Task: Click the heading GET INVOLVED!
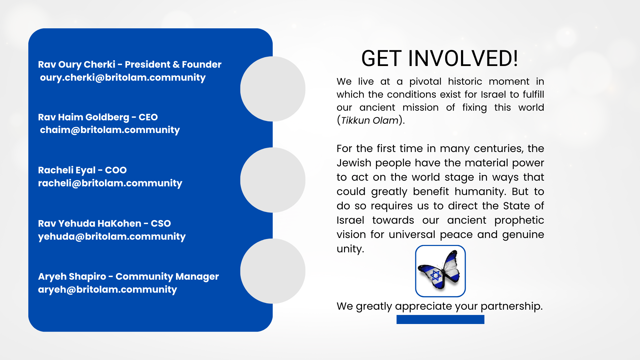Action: [440, 58]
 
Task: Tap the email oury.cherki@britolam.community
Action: [123, 78]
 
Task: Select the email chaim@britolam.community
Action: [110, 130]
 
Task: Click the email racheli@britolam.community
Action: [110, 183]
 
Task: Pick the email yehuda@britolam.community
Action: [112, 237]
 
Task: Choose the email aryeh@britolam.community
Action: [107, 290]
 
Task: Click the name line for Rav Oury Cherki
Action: [130, 64]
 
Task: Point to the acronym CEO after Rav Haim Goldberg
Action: [148, 117]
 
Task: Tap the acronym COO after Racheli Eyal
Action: [116, 170]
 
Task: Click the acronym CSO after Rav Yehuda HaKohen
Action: [161, 224]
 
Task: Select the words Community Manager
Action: [167, 277]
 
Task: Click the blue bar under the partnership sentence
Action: [440, 320]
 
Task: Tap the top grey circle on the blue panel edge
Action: [273, 89]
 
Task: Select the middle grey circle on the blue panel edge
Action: [273, 180]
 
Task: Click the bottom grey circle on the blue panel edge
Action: [273, 271]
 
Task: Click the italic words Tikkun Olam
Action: [370, 120]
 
